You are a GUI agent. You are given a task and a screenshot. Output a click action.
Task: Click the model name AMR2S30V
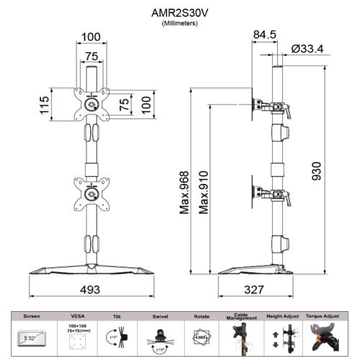[179, 12]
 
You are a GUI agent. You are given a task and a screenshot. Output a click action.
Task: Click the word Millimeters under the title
[179, 24]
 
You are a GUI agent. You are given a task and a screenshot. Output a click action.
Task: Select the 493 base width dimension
[90, 289]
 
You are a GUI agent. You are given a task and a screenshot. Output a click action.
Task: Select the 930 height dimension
[315, 172]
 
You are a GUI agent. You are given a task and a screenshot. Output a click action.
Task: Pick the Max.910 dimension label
[204, 188]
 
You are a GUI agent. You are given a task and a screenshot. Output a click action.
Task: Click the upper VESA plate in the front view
[91, 105]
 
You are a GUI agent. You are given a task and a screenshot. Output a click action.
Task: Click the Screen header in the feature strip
[32, 316]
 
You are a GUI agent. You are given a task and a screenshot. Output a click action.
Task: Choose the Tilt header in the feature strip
[117, 316]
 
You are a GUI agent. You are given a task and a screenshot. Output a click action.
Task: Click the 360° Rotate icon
[201, 336]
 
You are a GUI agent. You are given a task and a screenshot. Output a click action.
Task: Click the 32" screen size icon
[32, 336]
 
